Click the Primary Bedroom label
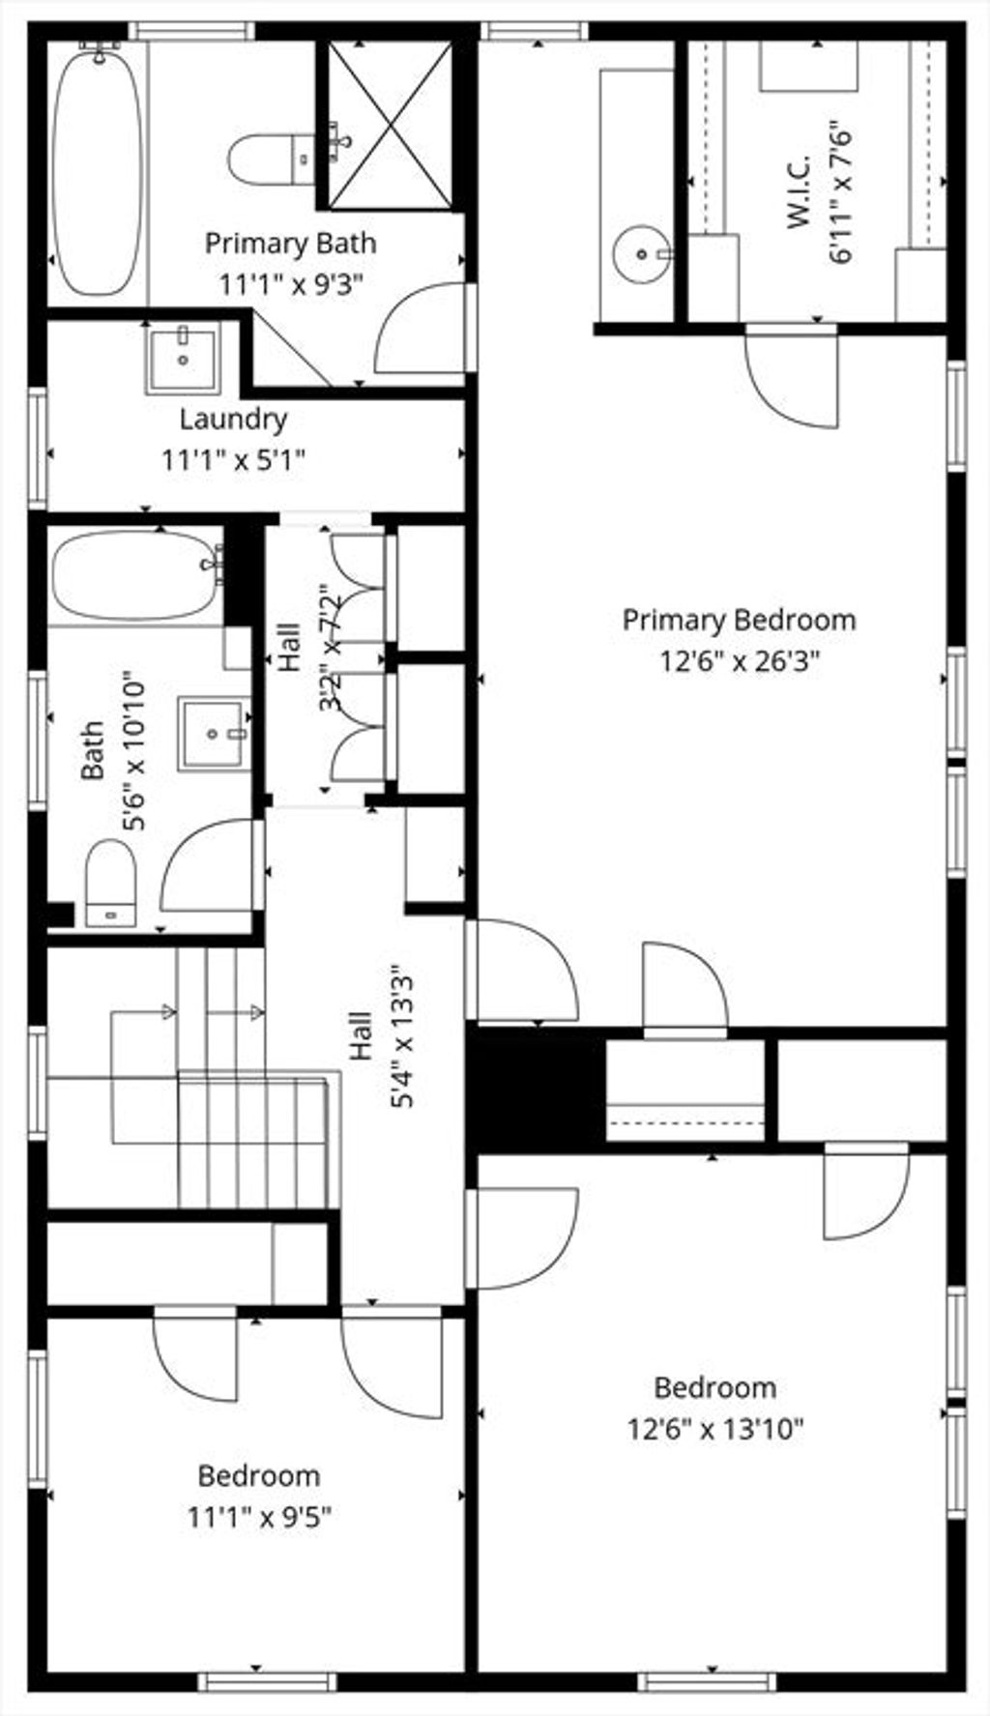(x=739, y=620)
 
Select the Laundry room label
(x=233, y=420)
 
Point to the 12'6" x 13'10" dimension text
(x=715, y=1429)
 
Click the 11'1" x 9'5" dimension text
(x=259, y=1517)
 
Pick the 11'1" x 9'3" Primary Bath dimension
(x=290, y=285)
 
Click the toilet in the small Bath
(x=110, y=884)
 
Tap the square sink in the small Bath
(x=213, y=734)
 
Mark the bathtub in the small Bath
(x=137, y=577)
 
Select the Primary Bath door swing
(x=422, y=328)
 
